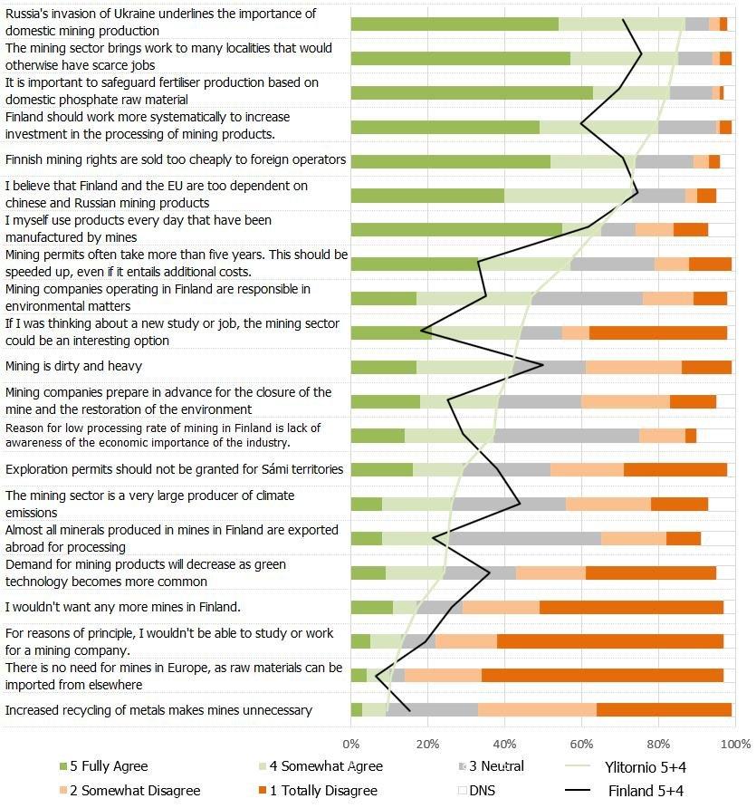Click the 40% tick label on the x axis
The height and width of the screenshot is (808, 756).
504,744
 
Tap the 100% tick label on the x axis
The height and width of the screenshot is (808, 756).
733,744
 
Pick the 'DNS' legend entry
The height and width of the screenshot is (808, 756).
482,791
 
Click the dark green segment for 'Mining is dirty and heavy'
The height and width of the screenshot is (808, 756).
383,367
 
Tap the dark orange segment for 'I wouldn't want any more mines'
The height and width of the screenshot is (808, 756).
631,607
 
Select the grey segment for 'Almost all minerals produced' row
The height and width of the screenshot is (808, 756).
524,538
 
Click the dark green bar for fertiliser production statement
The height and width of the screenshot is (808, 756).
471,92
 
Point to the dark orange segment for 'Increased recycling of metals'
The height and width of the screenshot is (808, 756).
664,710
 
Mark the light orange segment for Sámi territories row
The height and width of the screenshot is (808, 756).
587,469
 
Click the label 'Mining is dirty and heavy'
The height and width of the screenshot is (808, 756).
73,366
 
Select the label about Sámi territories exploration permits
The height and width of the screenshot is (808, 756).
174,469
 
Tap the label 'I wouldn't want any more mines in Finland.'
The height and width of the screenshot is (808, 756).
122,607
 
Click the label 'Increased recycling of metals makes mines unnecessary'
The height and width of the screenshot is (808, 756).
158,710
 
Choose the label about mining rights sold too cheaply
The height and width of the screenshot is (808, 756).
175,159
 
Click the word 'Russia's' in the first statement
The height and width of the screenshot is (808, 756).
30,14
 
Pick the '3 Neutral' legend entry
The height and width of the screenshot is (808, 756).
496,766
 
